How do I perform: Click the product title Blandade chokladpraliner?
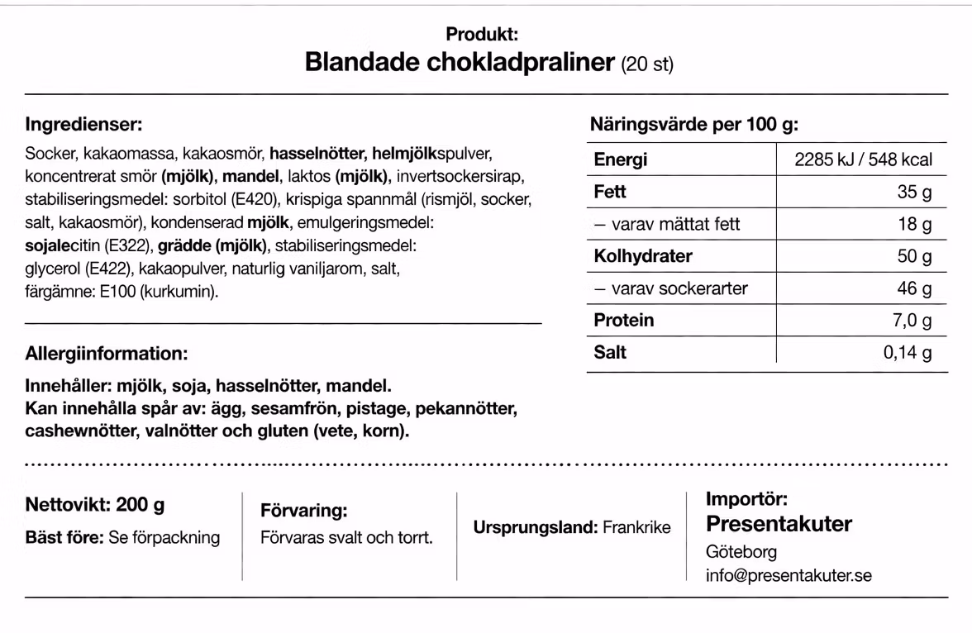460,63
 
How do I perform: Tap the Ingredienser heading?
83,125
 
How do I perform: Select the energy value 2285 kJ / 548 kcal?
863,160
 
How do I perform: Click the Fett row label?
610,192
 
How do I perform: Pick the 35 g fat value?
914,193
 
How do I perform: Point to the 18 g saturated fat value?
914,224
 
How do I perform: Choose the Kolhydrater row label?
643,256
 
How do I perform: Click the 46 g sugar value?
914,288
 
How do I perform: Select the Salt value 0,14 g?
907,353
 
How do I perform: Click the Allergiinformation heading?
107,354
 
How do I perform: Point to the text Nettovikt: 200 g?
95,505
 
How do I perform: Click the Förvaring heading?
303,511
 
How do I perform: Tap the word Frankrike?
636,527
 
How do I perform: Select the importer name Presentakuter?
779,524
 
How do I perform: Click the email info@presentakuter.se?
789,575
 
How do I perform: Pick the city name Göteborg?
741,552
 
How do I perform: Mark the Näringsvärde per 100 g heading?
694,125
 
